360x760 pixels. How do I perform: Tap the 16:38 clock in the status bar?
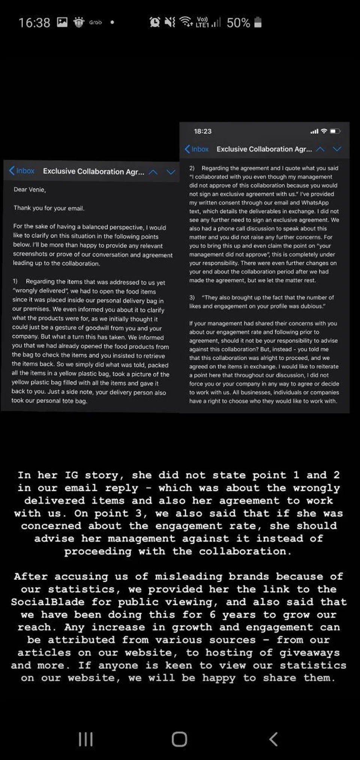[34, 23]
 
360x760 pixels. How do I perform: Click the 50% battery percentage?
[238, 23]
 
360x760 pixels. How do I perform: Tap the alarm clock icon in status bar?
[154, 22]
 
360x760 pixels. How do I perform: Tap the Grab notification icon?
[95, 22]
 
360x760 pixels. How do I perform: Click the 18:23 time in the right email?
[202, 131]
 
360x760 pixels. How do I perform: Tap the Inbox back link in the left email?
[22, 171]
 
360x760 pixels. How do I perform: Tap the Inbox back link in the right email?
[197, 149]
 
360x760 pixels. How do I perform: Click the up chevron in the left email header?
[153, 172]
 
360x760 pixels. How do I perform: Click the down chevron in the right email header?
[337, 149]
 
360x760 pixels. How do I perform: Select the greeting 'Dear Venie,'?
[30, 190]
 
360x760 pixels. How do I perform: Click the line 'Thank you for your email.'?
[49, 208]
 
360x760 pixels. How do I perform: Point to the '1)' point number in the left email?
[15, 281]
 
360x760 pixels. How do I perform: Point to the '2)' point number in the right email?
[192, 168]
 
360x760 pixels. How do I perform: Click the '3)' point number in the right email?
[192, 298]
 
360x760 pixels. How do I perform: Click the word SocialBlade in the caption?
[48, 602]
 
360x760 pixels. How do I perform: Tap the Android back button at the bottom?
[274, 739]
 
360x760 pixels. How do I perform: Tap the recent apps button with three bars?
[85, 739]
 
